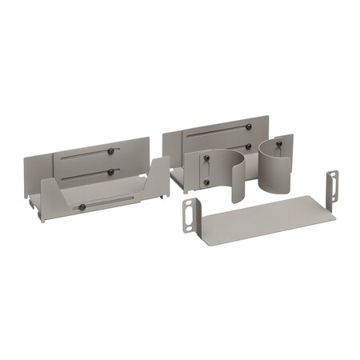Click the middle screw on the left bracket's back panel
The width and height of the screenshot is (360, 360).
[110, 171]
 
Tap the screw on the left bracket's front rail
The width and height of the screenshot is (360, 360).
[82, 207]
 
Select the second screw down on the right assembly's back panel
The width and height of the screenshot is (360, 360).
[248, 146]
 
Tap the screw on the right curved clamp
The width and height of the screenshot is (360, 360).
[281, 147]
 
